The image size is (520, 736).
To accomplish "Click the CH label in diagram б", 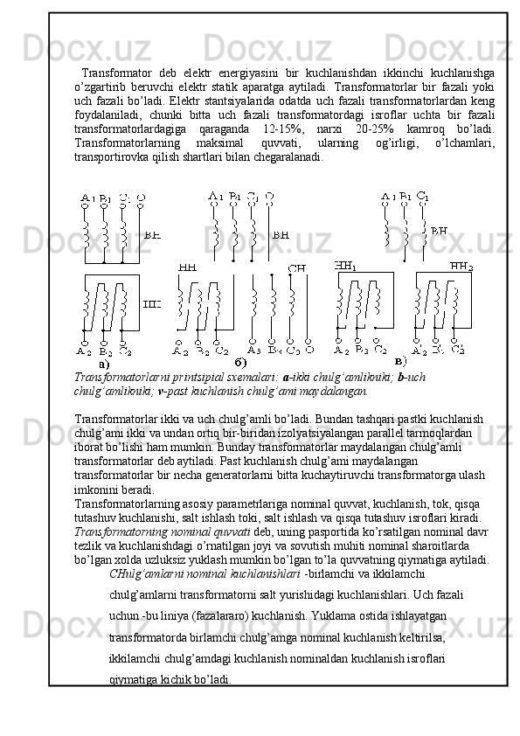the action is point(296,268).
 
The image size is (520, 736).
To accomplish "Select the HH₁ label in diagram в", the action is point(345,266).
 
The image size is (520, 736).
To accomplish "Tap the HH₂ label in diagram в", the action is point(461,267).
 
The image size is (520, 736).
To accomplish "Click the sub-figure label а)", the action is point(104,364).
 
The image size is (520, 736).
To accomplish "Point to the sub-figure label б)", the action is point(240,363).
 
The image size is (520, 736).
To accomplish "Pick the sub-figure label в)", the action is point(400,361).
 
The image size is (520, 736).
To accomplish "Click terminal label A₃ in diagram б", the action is point(254,351).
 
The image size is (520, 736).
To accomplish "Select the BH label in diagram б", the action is point(281,235).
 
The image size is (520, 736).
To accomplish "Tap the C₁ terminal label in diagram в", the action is point(422,195).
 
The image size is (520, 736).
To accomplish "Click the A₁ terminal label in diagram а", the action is point(87,198).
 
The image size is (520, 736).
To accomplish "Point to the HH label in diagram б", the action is point(188,268).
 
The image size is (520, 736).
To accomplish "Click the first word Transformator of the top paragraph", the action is point(117,73).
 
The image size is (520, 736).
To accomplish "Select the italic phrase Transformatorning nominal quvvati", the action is point(163,532).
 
